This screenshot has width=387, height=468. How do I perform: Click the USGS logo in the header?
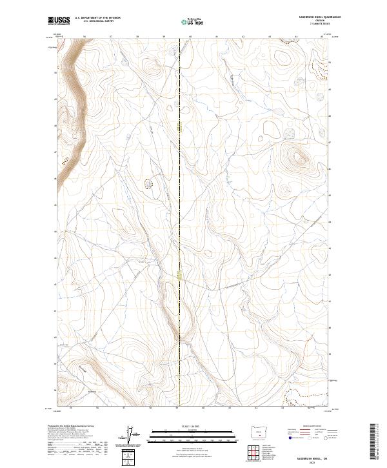[x=59, y=21]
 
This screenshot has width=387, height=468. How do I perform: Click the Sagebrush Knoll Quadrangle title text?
[x=315, y=16]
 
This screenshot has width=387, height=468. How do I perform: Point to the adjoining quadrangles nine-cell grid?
[x=259, y=450]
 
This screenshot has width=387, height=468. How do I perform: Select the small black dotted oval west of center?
[x=150, y=185]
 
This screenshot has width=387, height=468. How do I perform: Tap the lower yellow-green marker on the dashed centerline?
[x=180, y=276]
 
